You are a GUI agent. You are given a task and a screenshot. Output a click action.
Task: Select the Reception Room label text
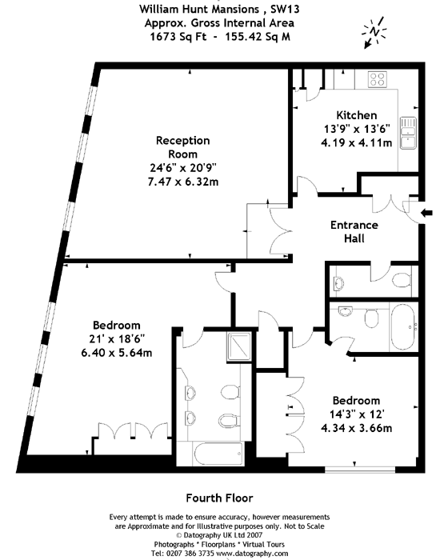(x=182, y=147)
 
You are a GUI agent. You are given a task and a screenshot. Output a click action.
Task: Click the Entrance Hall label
(x=354, y=231)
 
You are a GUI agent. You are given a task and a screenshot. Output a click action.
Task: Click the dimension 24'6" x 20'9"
(x=182, y=169)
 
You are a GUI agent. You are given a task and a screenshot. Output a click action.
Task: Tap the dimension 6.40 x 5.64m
(x=117, y=352)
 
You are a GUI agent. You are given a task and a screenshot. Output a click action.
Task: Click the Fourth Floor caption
(x=219, y=496)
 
